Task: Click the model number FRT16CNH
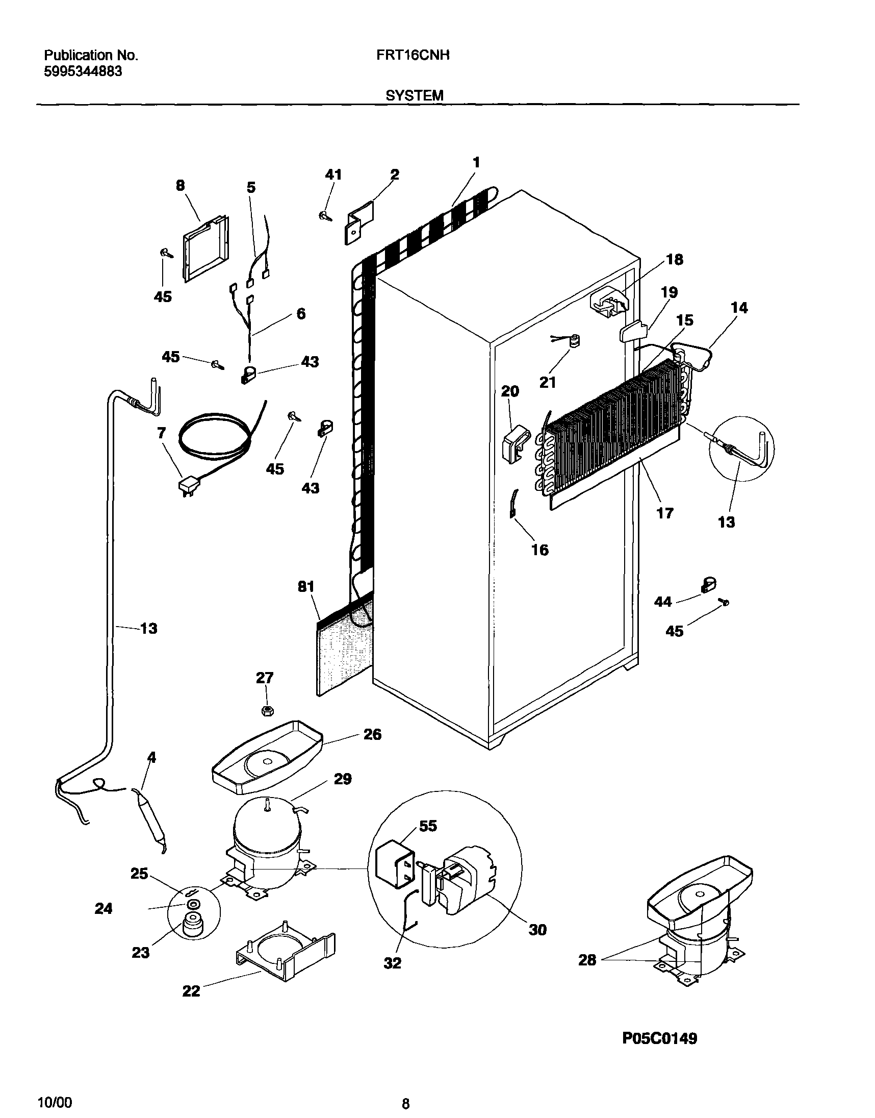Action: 413,55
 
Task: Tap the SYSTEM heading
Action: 415,95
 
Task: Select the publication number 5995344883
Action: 83,72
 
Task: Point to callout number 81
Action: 306,587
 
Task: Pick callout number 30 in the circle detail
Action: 537,930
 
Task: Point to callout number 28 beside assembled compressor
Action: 587,960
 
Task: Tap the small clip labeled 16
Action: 514,504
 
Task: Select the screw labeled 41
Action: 324,216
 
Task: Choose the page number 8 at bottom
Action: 405,1100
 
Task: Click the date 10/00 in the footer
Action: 56,1099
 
